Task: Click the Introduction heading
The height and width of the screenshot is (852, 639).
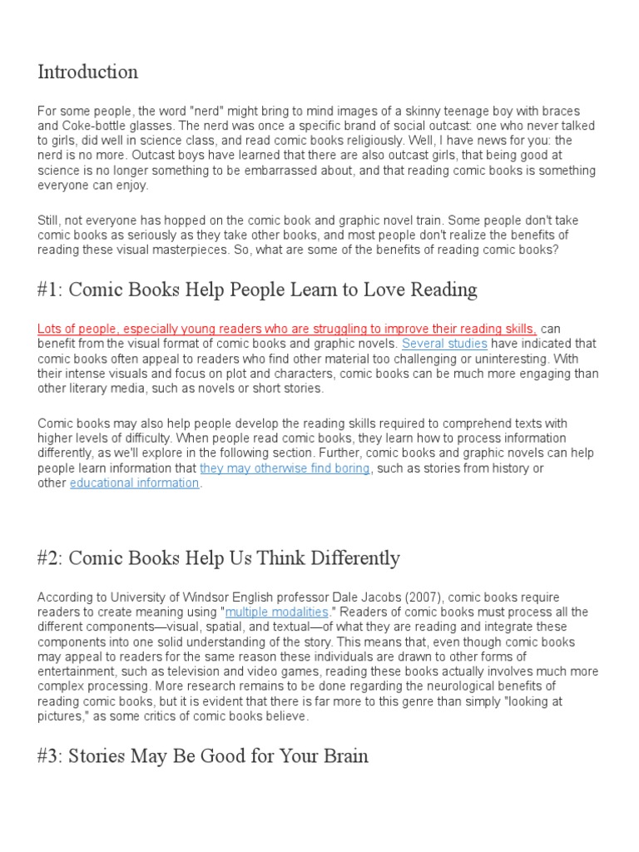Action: point(87,72)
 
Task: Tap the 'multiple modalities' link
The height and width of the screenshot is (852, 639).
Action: point(277,612)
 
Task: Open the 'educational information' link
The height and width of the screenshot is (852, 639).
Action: point(134,483)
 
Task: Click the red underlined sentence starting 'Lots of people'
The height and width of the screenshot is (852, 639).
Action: point(287,329)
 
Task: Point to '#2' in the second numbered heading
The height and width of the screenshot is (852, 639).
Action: point(48,558)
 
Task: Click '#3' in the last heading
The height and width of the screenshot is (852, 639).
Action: point(48,756)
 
